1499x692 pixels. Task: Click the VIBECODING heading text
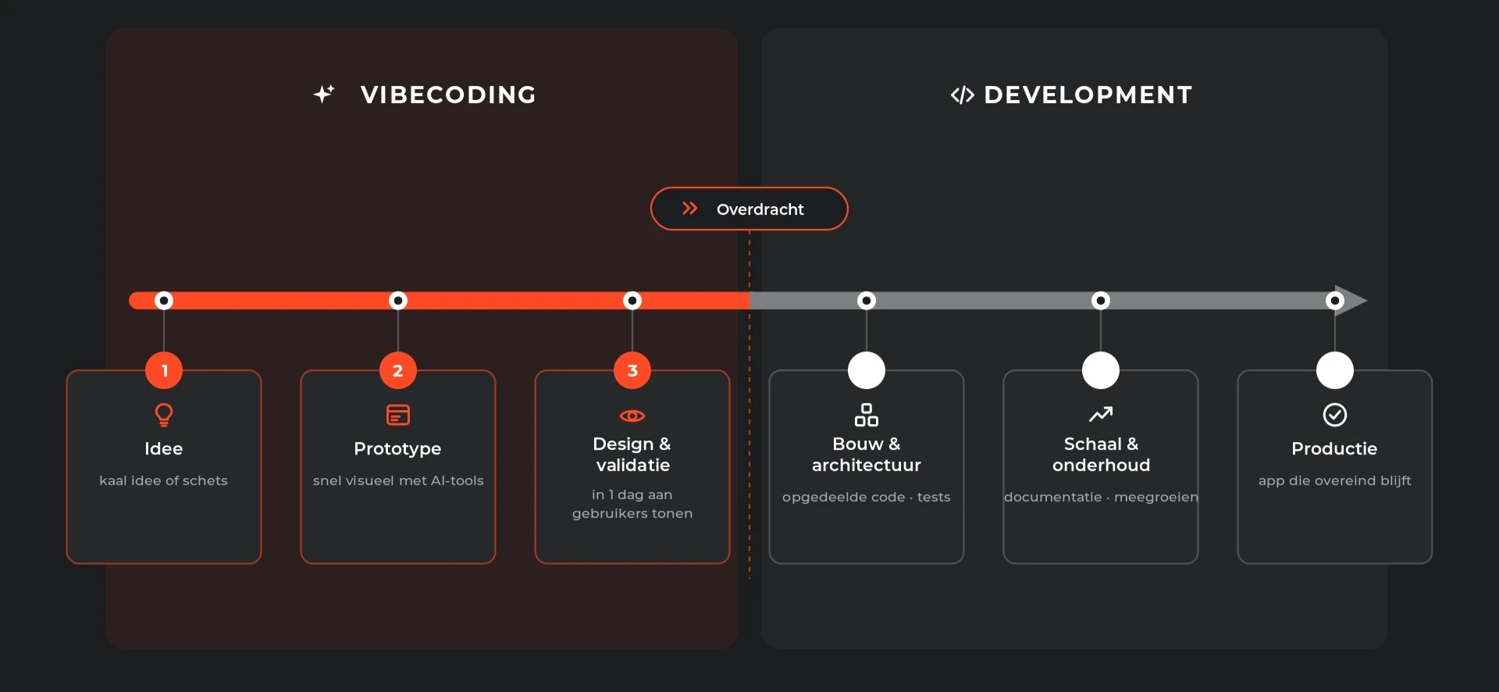pos(448,95)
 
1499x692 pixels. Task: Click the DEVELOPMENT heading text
pos(1088,95)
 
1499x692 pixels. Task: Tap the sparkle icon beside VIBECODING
pos(324,94)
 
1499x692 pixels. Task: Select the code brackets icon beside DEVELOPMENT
pos(962,95)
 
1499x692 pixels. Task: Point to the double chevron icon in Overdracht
pos(689,208)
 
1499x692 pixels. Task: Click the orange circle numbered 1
pos(164,370)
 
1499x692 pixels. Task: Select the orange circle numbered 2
pos(398,370)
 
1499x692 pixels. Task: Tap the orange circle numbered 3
pos(632,370)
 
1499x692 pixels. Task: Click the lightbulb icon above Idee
pos(164,414)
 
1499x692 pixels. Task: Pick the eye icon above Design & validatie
pos(632,416)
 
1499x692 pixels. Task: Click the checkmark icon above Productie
pos(1335,415)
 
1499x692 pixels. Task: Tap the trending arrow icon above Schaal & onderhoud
pos(1101,413)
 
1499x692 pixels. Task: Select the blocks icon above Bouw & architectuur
pos(867,415)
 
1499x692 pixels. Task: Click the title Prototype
pos(397,448)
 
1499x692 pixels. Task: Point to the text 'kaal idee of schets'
pos(163,480)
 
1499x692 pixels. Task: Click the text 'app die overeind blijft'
pos(1335,480)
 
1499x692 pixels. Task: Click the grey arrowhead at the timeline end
pos(1351,301)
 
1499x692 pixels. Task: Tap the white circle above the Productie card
pos(1335,370)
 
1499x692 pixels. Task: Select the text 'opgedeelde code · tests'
pos(867,497)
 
